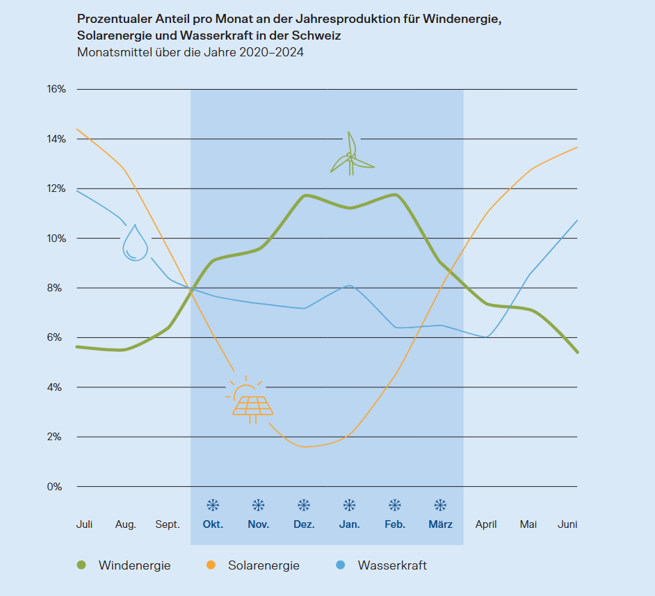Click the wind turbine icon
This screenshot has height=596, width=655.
pyautogui.click(x=351, y=156)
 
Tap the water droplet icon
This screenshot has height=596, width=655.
pyautogui.click(x=135, y=243)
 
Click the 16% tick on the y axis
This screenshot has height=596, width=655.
pyautogui.click(x=56, y=89)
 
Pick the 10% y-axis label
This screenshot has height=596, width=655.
pyautogui.click(x=56, y=239)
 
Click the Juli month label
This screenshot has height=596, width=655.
pyautogui.click(x=84, y=524)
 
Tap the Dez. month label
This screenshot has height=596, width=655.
pyautogui.click(x=304, y=524)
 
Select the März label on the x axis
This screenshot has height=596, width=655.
pyautogui.click(x=440, y=524)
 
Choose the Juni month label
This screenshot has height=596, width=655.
pyautogui.click(x=567, y=524)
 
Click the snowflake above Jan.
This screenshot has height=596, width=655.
pyautogui.click(x=349, y=505)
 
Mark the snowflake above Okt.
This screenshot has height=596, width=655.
pyautogui.click(x=213, y=505)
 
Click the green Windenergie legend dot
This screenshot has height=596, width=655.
pyautogui.click(x=81, y=565)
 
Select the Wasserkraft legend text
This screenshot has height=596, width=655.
pyautogui.click(x=392, y=565)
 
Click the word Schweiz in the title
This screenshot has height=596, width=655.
pyautogui.click(x=317, y=35)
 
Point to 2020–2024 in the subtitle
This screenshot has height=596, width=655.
pyautogui.click(x=271, y=52)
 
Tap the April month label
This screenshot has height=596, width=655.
pyautogui.click(x=486, y=524)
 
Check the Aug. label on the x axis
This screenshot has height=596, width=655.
pyautogui.click(x=126, y=524)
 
